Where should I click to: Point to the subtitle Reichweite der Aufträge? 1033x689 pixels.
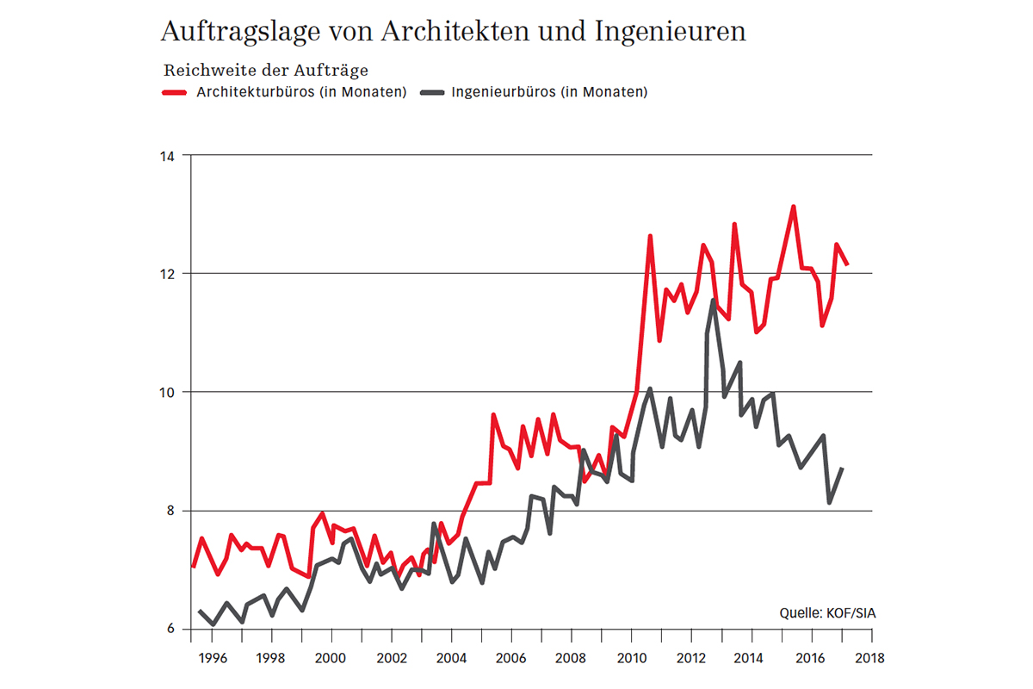click(265, 71)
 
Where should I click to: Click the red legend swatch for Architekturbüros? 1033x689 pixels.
click(176, 92)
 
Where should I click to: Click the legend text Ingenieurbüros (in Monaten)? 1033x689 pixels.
click(548, 92)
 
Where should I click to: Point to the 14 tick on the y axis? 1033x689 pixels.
click(166, 156)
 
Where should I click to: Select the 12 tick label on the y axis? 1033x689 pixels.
click(166, 274)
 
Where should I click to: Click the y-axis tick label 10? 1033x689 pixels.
click(166, 392)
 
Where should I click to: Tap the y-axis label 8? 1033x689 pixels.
click(170, 511)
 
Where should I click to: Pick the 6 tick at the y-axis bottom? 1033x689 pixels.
click(170, 629)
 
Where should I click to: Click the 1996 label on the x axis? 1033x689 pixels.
click(212, 659)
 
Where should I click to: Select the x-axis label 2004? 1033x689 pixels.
click(452, 659)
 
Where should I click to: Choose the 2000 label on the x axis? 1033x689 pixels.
click(332, 659)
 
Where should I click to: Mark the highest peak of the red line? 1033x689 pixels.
click(793, 206)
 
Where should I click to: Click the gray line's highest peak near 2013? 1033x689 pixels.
click(714, 300)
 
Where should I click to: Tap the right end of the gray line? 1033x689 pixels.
click(842, 468)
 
